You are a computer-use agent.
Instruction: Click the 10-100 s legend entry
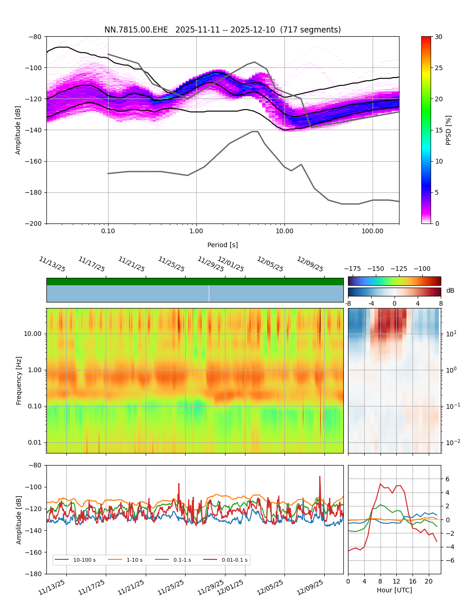coord(84,560)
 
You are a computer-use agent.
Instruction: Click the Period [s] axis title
coord(222,245)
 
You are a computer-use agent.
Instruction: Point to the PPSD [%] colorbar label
coord(448,130)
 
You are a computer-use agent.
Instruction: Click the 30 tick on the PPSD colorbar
coord(438,37)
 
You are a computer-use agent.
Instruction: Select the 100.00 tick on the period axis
coord(373,231)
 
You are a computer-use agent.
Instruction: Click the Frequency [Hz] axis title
coord(19,381)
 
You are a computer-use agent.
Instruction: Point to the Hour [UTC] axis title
coord(394,590)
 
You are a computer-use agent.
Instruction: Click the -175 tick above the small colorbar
coord(353,269)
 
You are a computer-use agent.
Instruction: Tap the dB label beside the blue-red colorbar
coord(450,290)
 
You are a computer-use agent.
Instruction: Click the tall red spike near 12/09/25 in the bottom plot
coord(320,477)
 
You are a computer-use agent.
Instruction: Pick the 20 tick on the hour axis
coord(428,581)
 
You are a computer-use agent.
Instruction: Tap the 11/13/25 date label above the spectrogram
coord(52,264)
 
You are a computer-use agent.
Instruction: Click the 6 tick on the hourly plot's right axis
coord(447,479)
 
